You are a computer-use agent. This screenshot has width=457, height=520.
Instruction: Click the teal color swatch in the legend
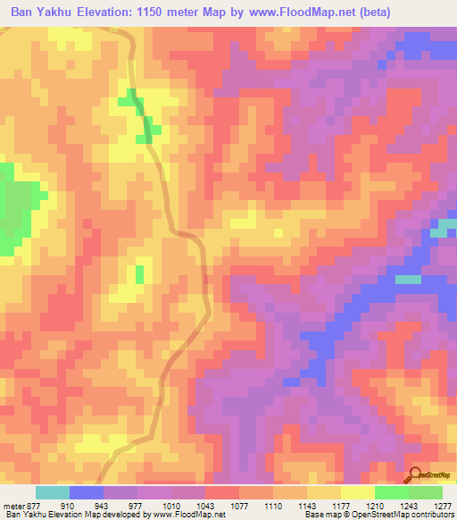(53, 493)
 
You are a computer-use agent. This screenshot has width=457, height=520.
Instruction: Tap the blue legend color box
(87, 493)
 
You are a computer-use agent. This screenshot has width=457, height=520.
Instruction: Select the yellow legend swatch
(357, 493)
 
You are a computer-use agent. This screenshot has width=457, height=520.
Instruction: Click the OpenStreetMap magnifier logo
(414, 474)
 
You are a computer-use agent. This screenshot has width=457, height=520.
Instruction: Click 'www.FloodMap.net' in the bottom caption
(189, 515)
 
